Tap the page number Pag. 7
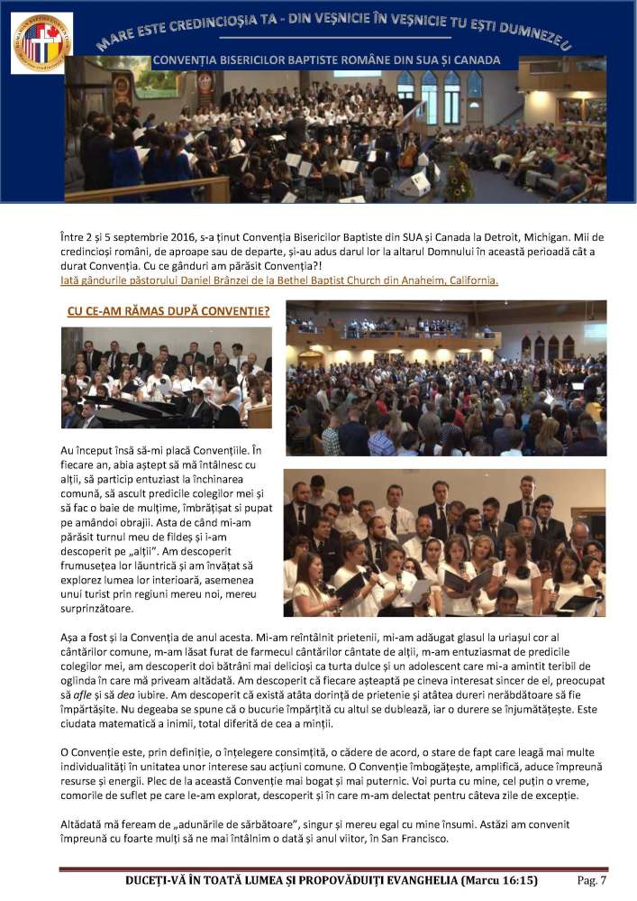591,880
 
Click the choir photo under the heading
166,377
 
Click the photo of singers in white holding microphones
444,541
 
